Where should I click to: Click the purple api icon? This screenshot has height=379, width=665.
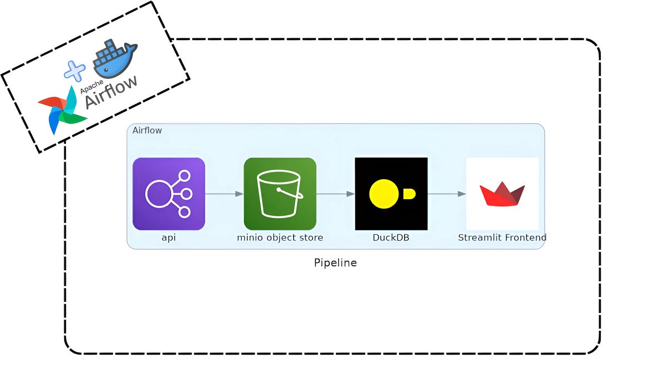coord(168,194)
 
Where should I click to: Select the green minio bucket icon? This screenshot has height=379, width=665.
coord(280,194)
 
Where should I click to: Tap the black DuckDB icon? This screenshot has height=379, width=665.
coord(391,194)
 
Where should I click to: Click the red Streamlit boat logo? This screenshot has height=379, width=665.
coord(502,194)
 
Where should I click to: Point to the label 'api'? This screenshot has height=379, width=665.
coord(168,237)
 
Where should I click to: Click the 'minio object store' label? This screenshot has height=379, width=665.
coord(280,237)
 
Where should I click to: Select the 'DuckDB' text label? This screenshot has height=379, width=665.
coord(391,237)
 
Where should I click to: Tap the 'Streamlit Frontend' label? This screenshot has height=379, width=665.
coord(502,237)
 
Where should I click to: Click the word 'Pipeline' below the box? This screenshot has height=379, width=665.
coord(335,263)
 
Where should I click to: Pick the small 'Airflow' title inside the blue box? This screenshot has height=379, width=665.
coord(147,130)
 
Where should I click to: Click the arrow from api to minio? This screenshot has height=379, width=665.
coord(224,194)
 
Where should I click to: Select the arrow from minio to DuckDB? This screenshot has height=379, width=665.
coord(335,194)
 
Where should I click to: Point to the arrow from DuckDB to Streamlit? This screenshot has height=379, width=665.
coord(447,194)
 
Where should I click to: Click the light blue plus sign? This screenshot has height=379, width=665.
coord(75,71)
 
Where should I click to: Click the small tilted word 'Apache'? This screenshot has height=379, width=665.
coord(91,86)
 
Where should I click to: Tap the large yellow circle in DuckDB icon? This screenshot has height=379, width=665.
coord(385,194)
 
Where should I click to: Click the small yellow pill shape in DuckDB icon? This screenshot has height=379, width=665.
coord(409,194)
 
